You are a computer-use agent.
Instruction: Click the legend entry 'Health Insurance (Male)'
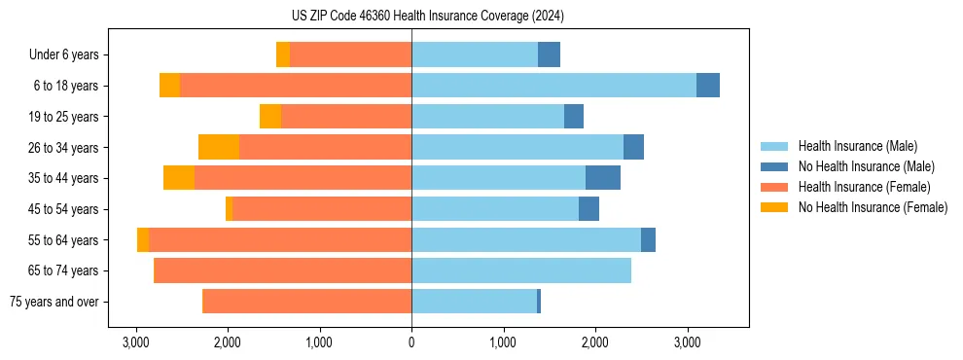click(857, 146)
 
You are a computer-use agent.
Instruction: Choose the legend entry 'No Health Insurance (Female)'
click(873, 207)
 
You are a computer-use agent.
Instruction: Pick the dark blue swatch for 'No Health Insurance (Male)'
click(774, 166)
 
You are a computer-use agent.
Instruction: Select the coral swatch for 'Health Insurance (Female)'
click(774, 187)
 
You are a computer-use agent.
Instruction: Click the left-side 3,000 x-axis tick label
click(136, 342)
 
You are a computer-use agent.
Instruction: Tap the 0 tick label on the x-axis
click(411, 342)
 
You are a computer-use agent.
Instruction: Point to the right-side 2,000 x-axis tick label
click(595, 342)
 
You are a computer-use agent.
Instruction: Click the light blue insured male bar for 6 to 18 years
click(553, 86)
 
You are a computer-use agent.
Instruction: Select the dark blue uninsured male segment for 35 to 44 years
click(603, 178)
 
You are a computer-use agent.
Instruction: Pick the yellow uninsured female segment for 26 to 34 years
click(219, 147)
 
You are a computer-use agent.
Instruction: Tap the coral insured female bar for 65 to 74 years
click(283, 270)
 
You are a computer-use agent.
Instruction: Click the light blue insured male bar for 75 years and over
click(474, 302)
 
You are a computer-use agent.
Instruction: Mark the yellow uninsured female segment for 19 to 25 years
click(270, 117)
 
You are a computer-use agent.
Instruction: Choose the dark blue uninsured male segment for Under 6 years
click(549, 55)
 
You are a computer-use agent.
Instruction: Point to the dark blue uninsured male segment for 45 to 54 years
click(588, 209)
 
